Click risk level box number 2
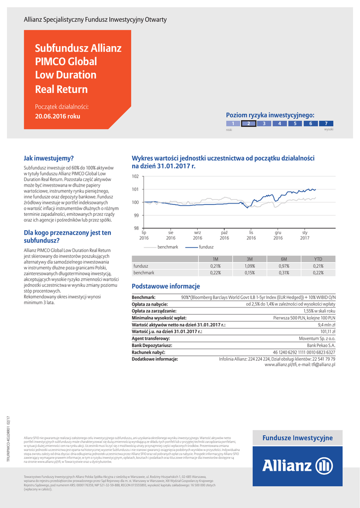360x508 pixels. (248, 124)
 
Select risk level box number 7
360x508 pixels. (326, 124)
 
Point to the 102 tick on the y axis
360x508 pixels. (135, 177)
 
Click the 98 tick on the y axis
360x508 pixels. (136, 228)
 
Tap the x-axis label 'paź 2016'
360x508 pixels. (224, 235)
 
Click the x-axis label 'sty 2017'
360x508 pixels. (305, 235)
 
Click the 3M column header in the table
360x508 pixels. (250, 259)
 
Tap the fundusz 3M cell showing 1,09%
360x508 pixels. (250, 266)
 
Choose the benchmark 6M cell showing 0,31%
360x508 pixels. (284, 273)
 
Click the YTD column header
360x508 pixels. (318, 259)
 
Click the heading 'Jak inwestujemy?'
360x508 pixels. (49, 158)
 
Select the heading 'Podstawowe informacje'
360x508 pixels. (165, 286)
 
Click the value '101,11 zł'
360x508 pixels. (328, 331)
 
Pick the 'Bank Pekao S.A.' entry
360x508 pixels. (321, 345)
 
